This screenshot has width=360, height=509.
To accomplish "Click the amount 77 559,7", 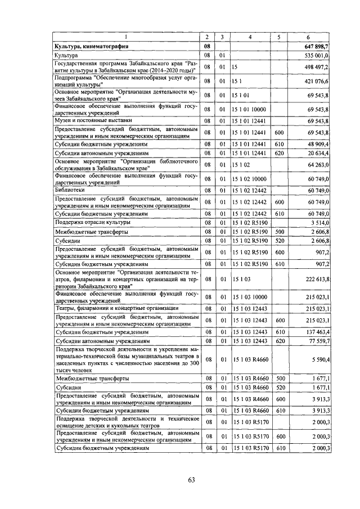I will click(x=318, y=341).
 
